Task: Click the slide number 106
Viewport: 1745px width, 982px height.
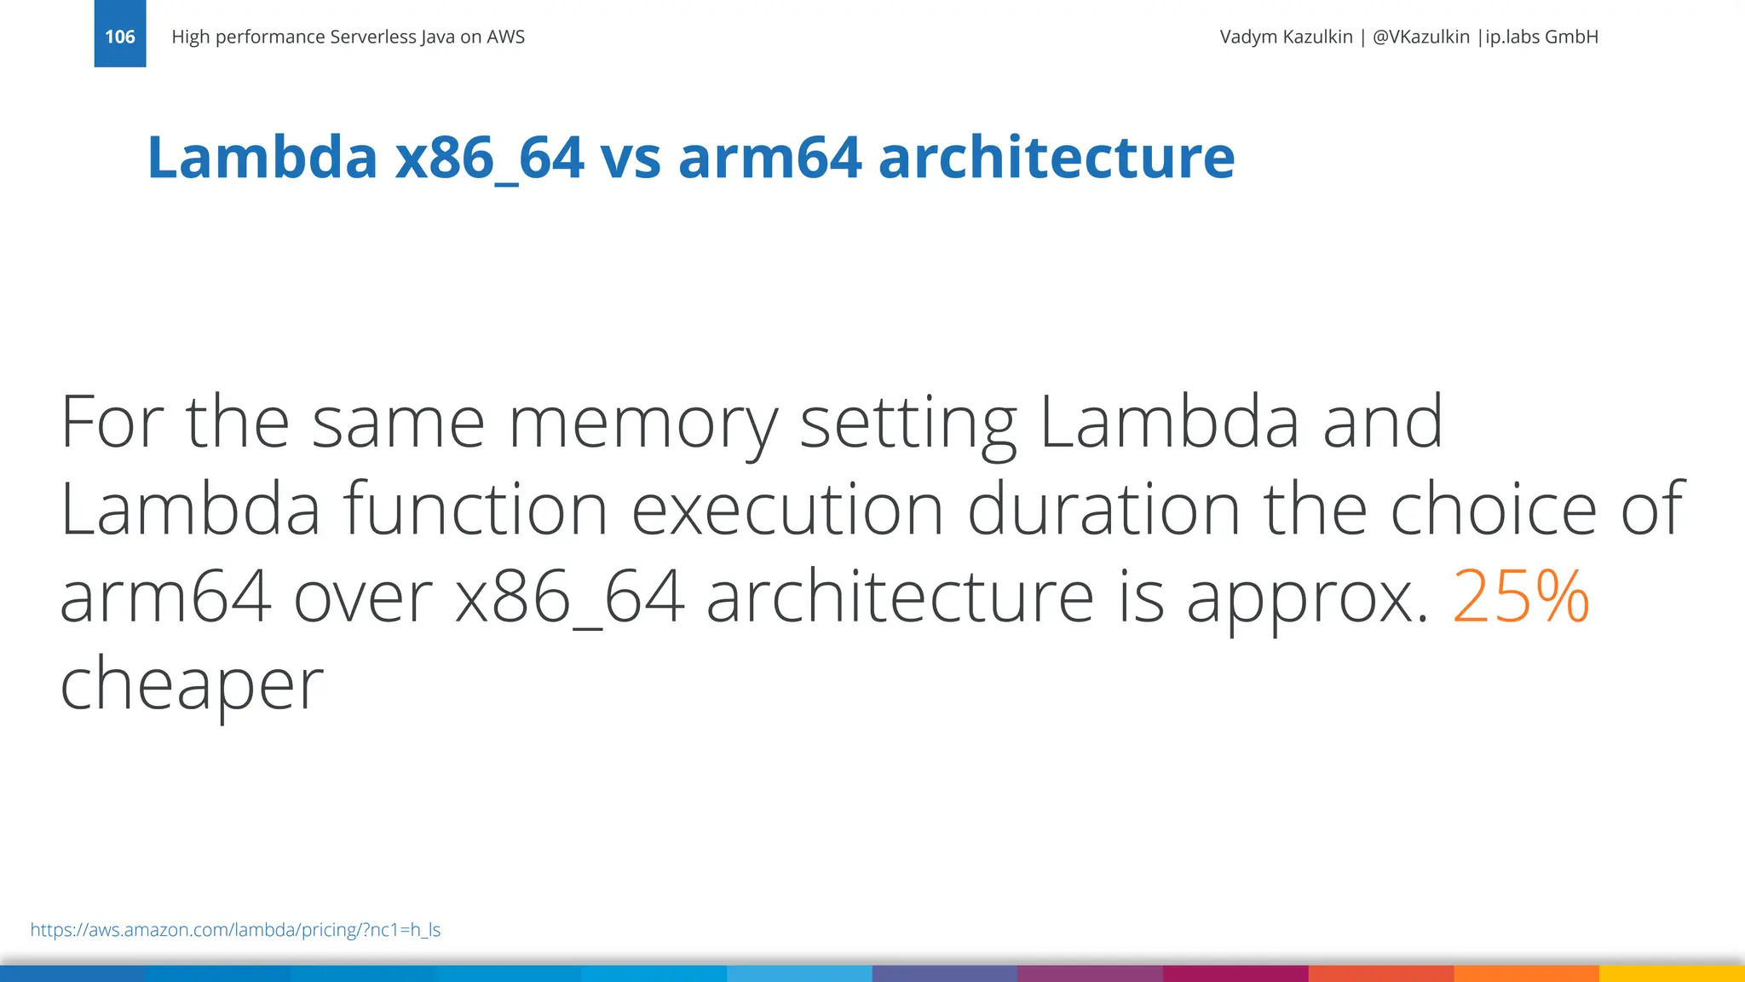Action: tap(119, 37)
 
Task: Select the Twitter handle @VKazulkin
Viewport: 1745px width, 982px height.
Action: tap(1420, 37)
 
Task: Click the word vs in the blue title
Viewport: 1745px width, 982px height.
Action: tap(631, 158)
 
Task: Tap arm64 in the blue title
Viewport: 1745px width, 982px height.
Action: tap(769, 158)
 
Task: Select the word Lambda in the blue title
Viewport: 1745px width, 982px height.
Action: tap(262, 158)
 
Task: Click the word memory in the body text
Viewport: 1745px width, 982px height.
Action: tap(642, 424)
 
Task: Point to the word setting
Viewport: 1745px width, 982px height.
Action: tap(908, 424)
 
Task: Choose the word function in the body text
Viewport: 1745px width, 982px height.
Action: tap(475, 510)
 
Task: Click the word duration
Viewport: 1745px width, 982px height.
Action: tap(1103, 510)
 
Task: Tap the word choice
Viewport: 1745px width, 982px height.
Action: tap(1494, 510)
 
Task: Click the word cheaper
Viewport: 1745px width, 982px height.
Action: tap(192, 685)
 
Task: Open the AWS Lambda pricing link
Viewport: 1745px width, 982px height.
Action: tap(235, 930)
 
